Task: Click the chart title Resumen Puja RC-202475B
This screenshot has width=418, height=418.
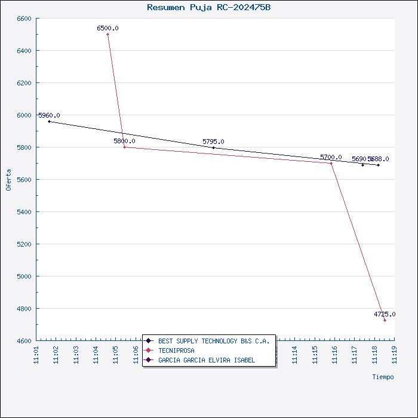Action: click(208, 7)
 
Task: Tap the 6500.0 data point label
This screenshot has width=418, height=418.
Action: click(107, 28)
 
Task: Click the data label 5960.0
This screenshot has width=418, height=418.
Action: click(49, 115)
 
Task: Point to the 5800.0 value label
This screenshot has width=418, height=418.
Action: click(124, 141)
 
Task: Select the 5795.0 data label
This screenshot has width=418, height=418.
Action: click(213, 142)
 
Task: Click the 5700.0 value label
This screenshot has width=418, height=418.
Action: click(331, 157)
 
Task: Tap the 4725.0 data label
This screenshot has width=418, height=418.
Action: click(385, 314)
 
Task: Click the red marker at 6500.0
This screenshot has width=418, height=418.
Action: click(107, 34)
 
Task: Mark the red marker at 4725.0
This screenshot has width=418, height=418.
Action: click(385, 321)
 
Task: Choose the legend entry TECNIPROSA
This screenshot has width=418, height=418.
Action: click(176, 351)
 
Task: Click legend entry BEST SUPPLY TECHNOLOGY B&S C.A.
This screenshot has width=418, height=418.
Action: click(214, 341)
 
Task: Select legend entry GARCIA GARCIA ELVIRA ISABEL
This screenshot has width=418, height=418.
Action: click(207, 360)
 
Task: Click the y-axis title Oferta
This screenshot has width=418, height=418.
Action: click(8, 180)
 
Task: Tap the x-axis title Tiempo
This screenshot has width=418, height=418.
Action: click(383, 377)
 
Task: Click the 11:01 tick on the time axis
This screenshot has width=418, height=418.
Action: click(36, 354)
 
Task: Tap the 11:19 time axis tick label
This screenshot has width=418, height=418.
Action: click(394, 354)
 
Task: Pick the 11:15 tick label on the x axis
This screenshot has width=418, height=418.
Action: click(315, 354)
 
